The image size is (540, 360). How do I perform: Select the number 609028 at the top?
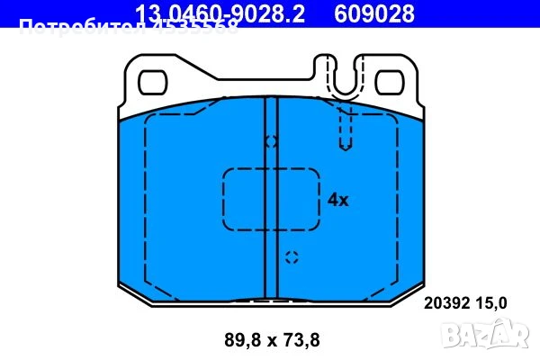pos(375,13)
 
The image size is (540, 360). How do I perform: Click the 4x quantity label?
pos(337,200)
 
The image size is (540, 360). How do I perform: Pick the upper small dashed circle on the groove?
pos(271,141)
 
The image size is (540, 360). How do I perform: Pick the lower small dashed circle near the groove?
pos(291,258)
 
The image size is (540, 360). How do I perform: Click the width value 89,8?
pos(237,339)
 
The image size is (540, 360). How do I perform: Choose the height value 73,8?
pos(301,339)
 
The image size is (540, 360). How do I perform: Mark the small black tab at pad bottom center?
pos(271,301)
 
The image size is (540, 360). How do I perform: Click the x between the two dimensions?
pos(269,340)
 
